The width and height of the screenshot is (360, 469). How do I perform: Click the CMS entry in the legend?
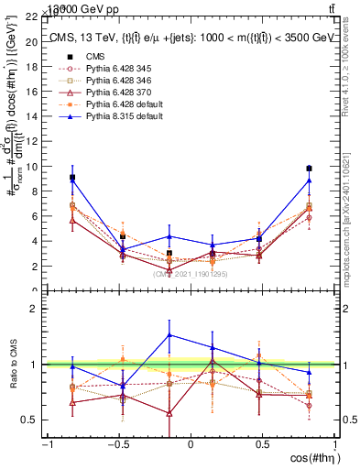tap(94, 55)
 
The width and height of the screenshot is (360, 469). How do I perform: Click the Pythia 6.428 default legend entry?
tap(120, 104)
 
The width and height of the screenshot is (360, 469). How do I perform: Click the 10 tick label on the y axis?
tap(34, 167)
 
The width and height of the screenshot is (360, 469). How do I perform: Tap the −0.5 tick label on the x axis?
tap(116, 443)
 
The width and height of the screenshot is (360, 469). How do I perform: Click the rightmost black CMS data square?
tap(310, 169)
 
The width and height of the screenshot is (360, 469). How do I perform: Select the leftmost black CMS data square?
tap(72, 178)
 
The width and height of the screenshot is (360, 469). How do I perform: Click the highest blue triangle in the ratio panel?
tap(169, 334)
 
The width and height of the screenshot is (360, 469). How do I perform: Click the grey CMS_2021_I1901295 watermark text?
tap(191, 273)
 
